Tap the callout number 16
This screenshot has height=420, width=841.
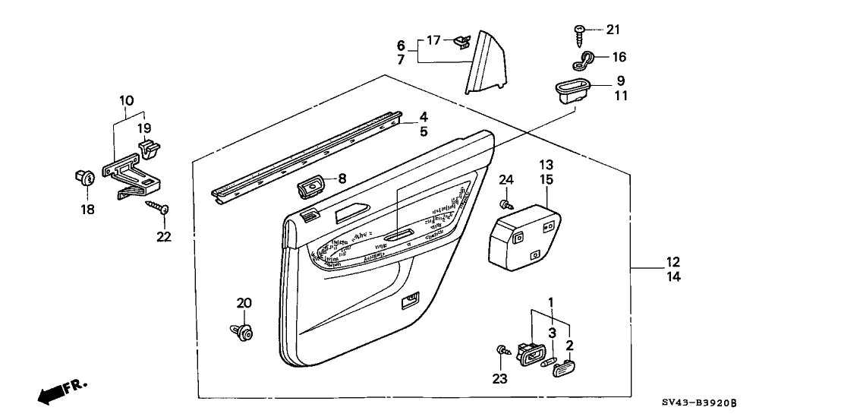pyautogui.click(x=619, y=56)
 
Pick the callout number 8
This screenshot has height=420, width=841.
pyautogui.click(x=342, y=179)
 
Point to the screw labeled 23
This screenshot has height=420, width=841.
pyautogui.click(x=502, y=349)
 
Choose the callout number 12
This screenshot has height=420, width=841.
pyautogui.click(x=673, y=262)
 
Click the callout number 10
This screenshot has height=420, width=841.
pyautogui.click(x=126, y=99)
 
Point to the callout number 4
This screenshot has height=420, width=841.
pyautogui.click(x=424, y=117)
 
